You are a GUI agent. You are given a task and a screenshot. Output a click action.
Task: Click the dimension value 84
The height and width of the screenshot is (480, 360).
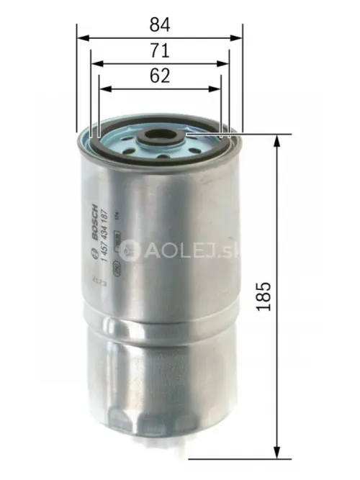click(x=160, y=24)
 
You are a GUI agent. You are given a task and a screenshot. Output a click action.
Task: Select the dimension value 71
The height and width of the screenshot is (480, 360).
click(x=160, y=51)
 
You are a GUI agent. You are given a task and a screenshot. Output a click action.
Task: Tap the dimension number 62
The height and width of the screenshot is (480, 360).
click(x=160, y=76)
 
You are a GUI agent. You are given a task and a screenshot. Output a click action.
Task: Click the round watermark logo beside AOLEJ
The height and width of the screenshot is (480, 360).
click(x=130, y=250)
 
